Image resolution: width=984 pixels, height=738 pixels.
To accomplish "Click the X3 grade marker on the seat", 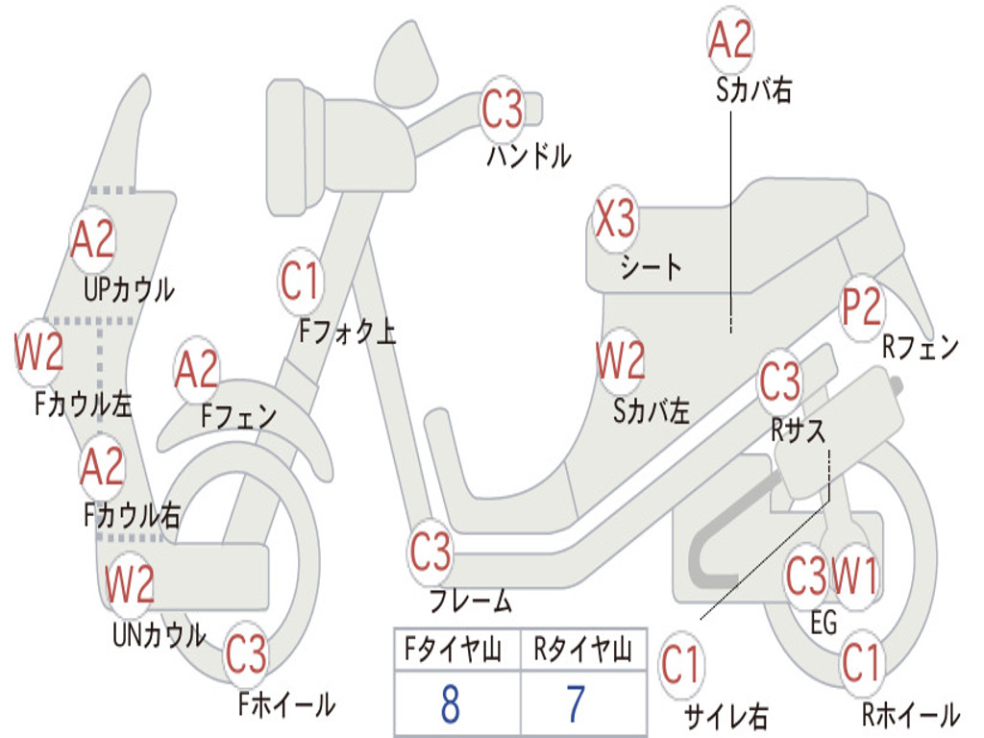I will (x=615, y=220).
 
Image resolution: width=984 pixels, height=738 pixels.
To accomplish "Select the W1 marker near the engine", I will (x=854, y=578).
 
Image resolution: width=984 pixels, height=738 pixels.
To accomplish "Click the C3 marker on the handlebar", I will (x=502, y=110).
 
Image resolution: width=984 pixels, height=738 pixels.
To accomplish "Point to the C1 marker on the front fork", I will (x=300, y=282).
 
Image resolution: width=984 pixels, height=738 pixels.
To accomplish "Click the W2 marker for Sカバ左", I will (x=620, y=361).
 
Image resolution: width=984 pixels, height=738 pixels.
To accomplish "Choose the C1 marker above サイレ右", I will (x=681, y=665).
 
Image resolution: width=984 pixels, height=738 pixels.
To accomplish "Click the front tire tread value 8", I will (x=450, y=704).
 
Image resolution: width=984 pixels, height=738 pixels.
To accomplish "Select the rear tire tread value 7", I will (x=576, y=704).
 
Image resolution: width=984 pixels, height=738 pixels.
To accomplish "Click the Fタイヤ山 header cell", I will (x=450, y=652).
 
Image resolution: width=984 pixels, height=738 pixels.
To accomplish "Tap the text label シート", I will (x=651, y=266).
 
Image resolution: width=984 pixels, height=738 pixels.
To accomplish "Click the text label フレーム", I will (x=470, y=603).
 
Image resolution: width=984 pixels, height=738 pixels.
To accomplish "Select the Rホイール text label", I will (x=909, y=714).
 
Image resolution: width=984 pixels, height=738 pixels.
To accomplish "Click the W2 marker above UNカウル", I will (x=129, y=583).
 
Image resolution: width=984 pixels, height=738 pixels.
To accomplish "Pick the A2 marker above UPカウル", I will (x=92, y=239).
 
